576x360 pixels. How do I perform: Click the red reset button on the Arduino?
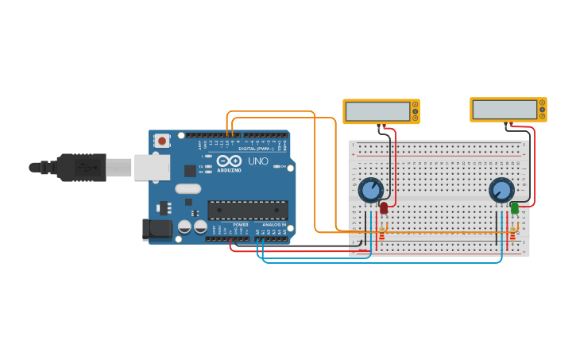[x=162, y=141]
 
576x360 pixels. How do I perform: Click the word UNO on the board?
[x=258, y=161]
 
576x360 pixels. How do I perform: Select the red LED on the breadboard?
[x=384, y=208]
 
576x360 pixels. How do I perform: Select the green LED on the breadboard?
[x=514, y=207]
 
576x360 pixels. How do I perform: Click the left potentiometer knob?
[x=370, y=190]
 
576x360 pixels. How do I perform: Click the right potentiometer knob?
[x=501, y=189]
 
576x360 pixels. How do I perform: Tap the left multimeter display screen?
[x=377, y=111]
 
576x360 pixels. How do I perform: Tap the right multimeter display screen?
[x=504, y=110]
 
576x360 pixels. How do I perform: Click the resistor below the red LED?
[x=381, y=234]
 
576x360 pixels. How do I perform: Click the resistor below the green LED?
[x=512, y=234]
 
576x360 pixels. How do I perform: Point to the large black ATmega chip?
[x=248, y=210]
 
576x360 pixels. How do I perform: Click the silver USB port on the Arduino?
[x=151, y=167]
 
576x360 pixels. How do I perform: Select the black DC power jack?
[x=157, y=229]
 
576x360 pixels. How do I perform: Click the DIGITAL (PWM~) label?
[x=256, y=149]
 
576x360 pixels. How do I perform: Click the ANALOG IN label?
[x=274, y=225]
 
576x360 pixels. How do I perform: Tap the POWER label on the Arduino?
[x=241, y=225]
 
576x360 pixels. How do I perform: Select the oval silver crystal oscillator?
[x=188, y=189]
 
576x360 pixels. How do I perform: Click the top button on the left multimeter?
[x=415, y=104]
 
